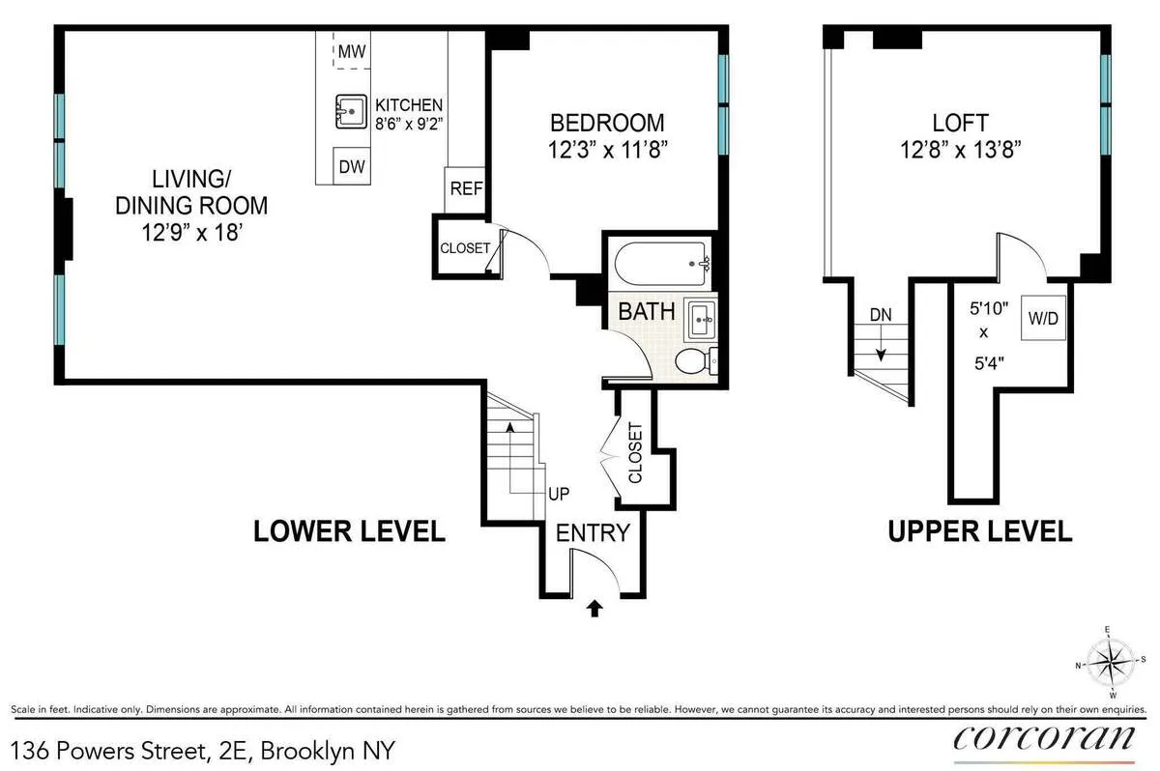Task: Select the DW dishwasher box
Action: click(x=352, y=166)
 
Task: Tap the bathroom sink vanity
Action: click(x=700, y=318)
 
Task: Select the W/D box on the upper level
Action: click(x=1044, y=319)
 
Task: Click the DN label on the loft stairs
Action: click(x=881, y=315)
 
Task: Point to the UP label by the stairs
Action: click(x=559, y=493)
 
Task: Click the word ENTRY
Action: click(x=592, y=532)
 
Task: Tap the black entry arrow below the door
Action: click(x=595, y=608)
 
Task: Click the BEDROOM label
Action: click(x=607, y=123)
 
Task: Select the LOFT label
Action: click(x=960, y=123)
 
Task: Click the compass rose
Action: click(x=1110, y=663)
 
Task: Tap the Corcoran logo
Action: click(x=1044, y=737)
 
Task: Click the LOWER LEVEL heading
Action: click(x=349, y=530)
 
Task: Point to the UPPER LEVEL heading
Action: click(x=980, y=530)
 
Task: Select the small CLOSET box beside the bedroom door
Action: click(x=464, y=248)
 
